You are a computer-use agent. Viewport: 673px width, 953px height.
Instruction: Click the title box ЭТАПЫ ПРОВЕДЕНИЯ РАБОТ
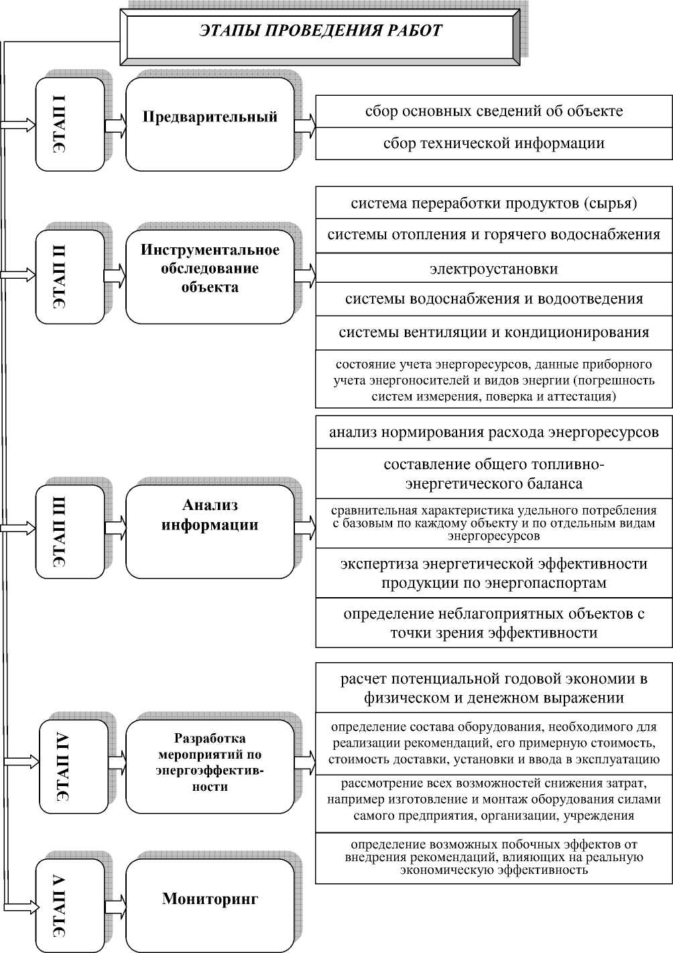320,32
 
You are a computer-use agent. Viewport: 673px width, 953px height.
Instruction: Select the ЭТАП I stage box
70,124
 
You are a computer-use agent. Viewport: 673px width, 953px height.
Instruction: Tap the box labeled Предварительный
210,124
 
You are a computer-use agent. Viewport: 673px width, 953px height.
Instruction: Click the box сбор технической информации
494,143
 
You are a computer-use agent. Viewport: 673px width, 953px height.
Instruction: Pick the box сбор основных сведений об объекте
494,111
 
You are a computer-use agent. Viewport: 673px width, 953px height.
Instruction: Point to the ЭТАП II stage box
70,277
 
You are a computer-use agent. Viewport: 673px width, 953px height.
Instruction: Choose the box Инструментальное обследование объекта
210,277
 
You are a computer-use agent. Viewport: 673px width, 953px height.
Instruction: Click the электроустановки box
494,269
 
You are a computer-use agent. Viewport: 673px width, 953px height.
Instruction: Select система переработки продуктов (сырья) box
494,203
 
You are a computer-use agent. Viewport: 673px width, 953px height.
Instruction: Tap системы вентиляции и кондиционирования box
494,332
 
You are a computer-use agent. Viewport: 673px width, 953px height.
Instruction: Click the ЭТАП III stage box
70,531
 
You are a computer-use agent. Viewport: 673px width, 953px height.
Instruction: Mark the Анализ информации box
210,531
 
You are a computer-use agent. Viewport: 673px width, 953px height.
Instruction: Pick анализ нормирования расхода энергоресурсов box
494,432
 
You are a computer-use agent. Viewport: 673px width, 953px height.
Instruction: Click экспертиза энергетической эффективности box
494,573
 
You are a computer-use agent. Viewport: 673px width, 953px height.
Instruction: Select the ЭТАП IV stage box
73,767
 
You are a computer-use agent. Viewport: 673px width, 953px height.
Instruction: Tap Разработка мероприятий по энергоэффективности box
210,767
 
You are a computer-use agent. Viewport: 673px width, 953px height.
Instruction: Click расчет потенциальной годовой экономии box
494,688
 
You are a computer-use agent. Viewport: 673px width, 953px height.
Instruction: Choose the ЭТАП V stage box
70,905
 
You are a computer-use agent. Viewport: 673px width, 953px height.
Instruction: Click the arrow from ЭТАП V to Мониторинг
115,905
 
